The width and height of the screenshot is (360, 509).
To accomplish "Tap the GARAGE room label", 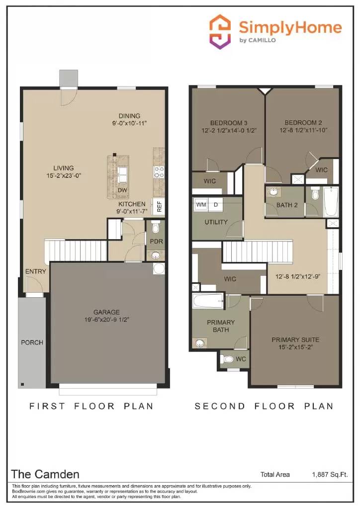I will coord(107,312).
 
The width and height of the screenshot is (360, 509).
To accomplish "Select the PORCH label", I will coord(32,342).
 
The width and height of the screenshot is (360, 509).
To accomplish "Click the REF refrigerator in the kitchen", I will coord(159,206).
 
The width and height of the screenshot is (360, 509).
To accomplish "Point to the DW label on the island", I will coord(122,190).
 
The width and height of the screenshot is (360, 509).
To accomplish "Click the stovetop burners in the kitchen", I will coord(159,172).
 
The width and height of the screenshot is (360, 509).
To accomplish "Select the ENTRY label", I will coord(35,271).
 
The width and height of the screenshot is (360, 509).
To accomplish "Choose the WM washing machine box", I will coord(201,204).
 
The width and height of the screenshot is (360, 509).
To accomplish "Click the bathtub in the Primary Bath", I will coord(208,300).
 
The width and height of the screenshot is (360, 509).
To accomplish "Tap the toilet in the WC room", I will coord(228,359).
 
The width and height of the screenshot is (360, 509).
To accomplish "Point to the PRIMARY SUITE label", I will coord(295,340).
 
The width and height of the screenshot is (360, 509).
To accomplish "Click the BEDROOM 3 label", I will coord(229,123).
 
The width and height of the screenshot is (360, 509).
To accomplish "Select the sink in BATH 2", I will coord(273,192).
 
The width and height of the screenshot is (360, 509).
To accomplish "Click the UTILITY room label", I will coord(216,222).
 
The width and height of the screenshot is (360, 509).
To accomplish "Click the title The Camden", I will coord(45,474).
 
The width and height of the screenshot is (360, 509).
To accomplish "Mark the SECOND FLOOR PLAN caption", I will coord(264,406).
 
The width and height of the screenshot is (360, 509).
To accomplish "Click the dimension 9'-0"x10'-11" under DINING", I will coord(129,123).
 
